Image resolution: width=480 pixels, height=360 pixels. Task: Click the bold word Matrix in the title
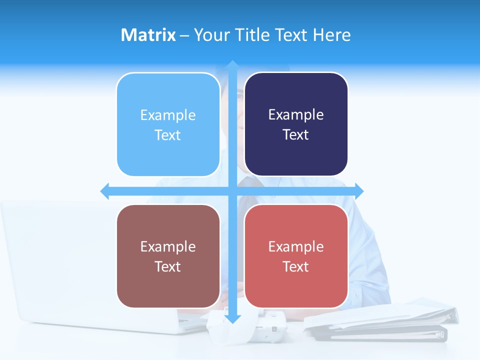[148, 35]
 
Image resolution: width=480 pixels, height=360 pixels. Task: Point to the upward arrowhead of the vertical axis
[232, 65]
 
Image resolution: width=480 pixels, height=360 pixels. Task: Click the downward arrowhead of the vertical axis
[232, 318]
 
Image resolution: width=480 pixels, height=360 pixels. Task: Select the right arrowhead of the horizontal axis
[359, 191]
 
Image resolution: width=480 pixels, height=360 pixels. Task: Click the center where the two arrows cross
[232, 191]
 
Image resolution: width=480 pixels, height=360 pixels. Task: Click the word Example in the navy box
[296, 115]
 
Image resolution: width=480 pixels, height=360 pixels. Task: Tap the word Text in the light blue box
[167, 135]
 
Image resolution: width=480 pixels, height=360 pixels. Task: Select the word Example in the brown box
[168, 246]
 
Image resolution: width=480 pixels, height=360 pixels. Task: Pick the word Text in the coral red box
[295, 267]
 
